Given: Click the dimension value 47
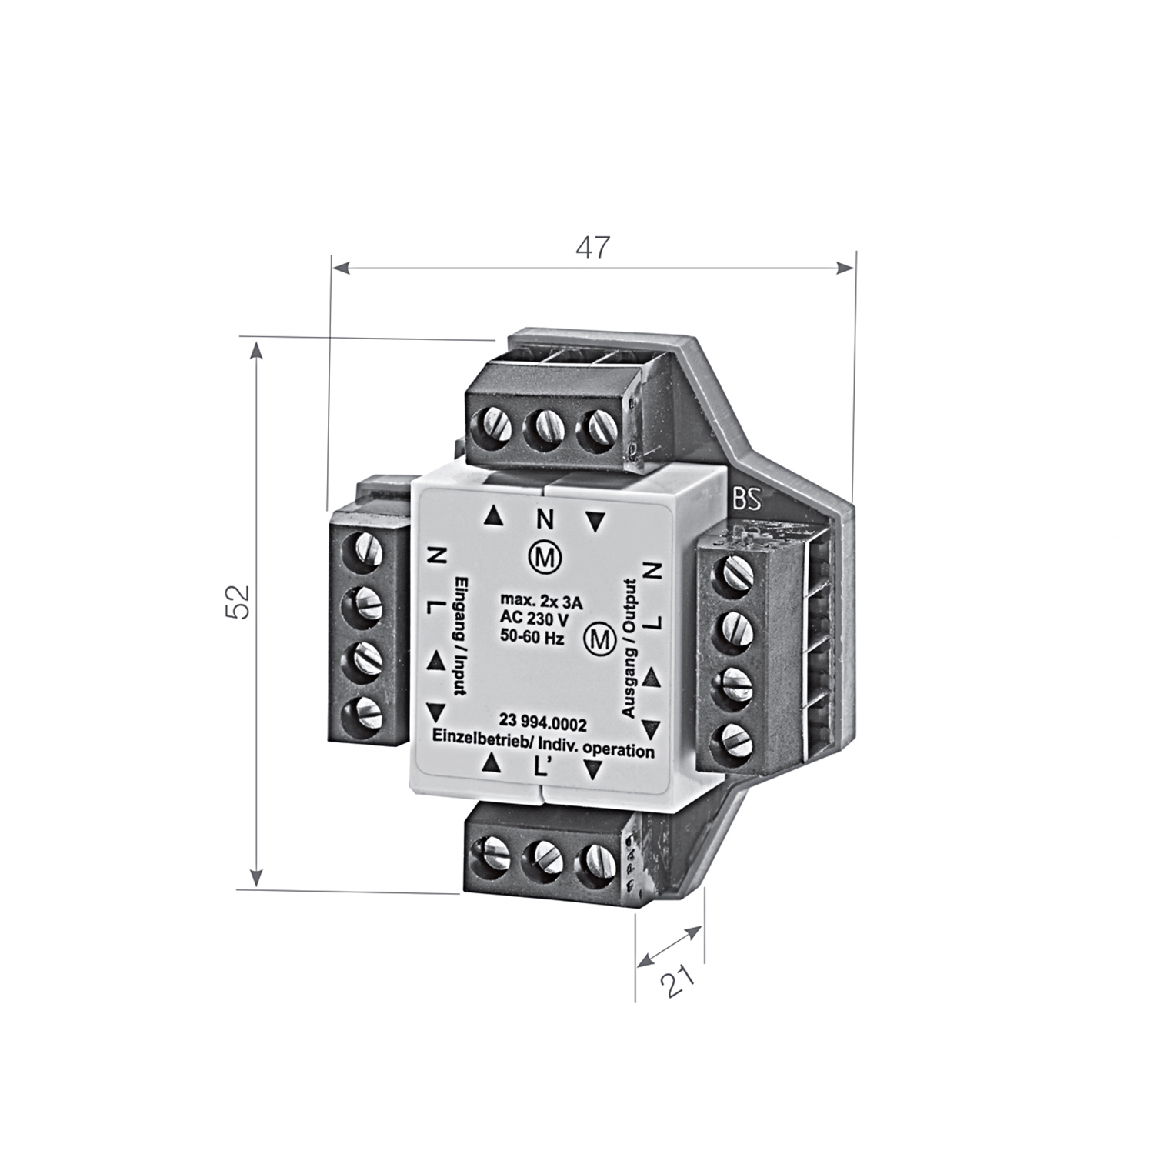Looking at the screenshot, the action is point(592,248).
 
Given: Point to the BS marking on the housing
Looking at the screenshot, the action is point(746,501).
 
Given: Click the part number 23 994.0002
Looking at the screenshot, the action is point(543,723).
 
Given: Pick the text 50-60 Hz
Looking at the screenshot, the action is point(533,638).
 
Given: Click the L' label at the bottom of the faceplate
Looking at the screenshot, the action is point(539,766).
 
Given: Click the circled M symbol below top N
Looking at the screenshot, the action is point(544,559).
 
